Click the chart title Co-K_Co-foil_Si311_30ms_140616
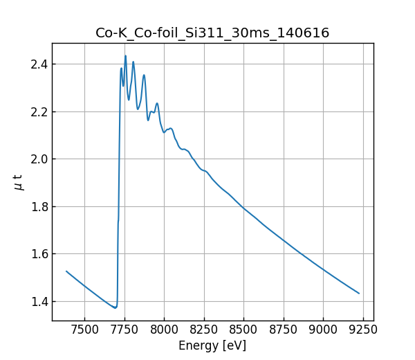pyautogui.click(x=212, y=33)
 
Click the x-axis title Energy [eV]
pyautogui.click(x=212, y=345)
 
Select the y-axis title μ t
pyautogui.click(x=19, y=182)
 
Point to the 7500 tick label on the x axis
pyautogui.click(x=84, y=330)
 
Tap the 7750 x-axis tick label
pyautogui.click(x=124, y=330)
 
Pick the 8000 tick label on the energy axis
pyautogui.click(x=165, y=330)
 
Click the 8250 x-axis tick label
pyautogui.click(x=204, y=330)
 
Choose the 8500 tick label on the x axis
pyautogui.click(x=244, y=330)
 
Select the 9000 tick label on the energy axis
pyautogui.click(x=324, y=330)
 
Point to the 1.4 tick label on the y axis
pyautogui.click(x=39, y=302)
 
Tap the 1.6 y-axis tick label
pyautogui.click(x=39, y=254)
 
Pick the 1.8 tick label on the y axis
pyautogui.click(x=39, y=206)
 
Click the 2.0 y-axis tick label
pyautogui.click(x=39, y=159)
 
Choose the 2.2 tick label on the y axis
pyautogui.click(x=39, y=111)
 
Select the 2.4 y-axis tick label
pyautogui.click(x=39, y=64)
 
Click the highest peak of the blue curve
pyautogui.click(x=125, y=56)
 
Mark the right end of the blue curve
pyautogui.click(x=359, y=293)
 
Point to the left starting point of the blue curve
pyautogui.click(x=66, y=271)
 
